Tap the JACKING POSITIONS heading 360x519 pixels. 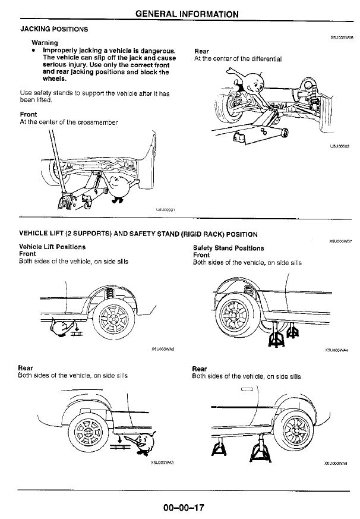(54, 29)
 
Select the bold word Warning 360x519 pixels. (45, 43)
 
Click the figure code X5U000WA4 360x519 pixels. (336, 350)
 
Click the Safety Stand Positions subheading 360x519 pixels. (228, 247)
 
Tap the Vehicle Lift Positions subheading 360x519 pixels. (52, 247)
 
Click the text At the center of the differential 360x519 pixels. (238, 59)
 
